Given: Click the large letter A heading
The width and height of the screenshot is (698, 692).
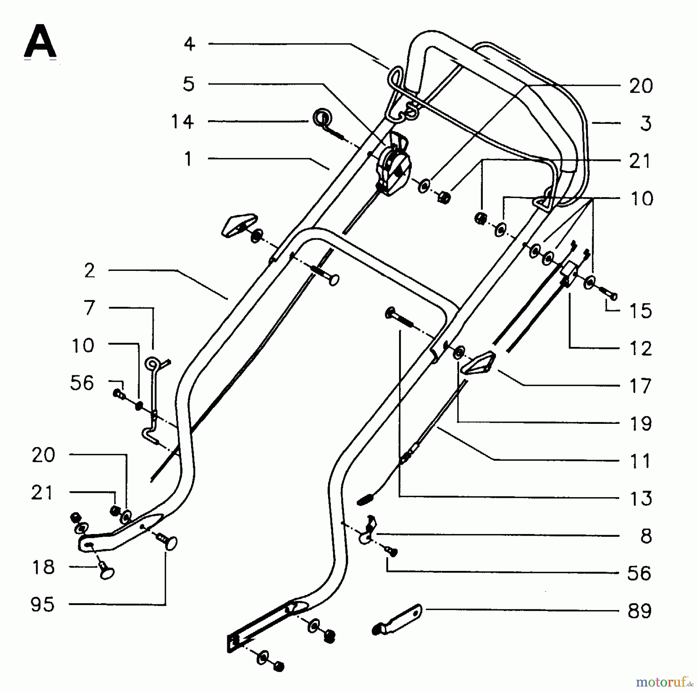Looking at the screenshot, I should click(40, 42).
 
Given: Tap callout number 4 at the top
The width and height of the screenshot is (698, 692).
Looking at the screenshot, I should click(189, 44).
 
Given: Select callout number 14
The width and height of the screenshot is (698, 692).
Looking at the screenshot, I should click(182, 122).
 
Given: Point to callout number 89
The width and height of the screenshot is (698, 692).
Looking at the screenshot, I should click(639, 611).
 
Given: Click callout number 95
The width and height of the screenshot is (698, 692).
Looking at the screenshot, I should click(43, 604).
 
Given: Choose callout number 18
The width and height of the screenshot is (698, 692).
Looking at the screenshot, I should click(43, 567).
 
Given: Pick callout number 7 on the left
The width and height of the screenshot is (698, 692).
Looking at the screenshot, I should click(90, 308).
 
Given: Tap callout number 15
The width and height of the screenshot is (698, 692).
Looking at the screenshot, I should click(640, 311).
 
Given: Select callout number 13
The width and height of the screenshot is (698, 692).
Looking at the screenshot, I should click(640, 498).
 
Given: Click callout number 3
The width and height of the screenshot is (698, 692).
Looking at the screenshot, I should click(645, 123).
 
